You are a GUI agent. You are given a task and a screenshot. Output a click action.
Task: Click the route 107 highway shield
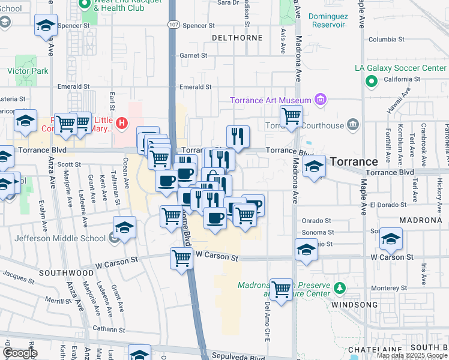[x=173, y=25]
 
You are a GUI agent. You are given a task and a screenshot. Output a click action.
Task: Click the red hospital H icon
[x=122, y=124]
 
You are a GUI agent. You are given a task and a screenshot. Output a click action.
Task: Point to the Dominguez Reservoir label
[x=327, y=21]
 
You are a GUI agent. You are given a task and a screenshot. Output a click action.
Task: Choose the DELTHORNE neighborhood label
[x=238, y=37]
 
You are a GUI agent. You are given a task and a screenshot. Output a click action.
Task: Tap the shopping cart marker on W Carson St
[x=181, y=259]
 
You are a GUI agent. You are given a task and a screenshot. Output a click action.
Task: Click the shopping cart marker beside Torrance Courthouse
[x=291, y=116]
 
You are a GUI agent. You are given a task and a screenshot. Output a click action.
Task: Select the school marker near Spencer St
[x=46, y=26]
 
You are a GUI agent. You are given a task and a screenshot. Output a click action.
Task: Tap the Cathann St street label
[x=109, y=329]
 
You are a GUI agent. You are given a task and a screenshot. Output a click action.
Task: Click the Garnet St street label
[x=193, y=55]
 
